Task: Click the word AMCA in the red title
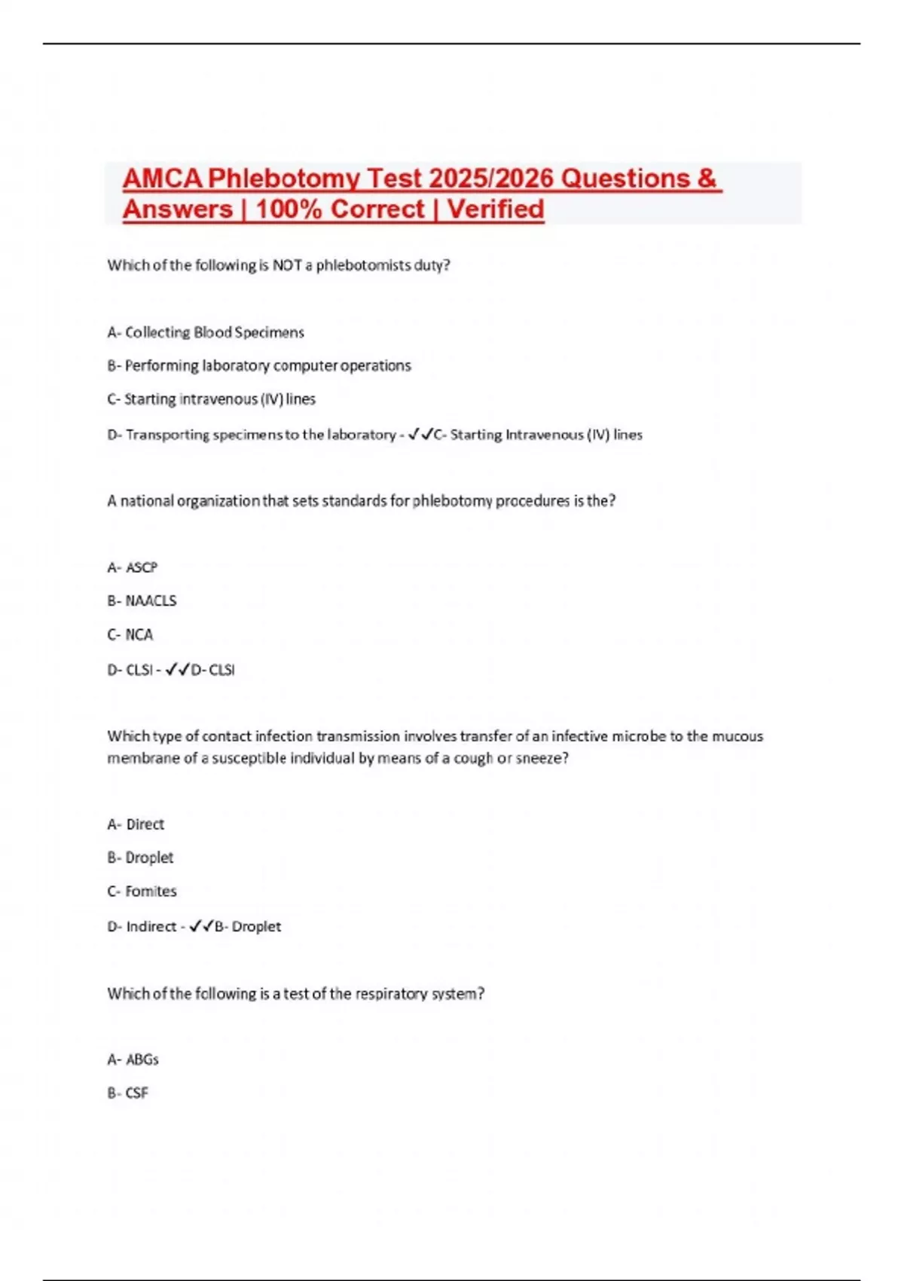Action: (x=162, y=179)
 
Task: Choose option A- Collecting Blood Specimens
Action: (x=206, y=332)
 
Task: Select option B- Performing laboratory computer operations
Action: (x=259, y=365)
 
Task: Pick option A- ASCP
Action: (x=133, y=567)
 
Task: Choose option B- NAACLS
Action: (x=142, y=601)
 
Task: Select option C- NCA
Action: (x=130, y=634)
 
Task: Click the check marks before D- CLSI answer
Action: (x=178, y=669)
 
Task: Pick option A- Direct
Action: (x=136, y=824)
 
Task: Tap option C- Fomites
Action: (x=142, y=891)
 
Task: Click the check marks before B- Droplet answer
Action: (x=201, y=926)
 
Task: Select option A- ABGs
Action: (x=133, y=1059)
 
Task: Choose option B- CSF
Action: (x=128, y=1093)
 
